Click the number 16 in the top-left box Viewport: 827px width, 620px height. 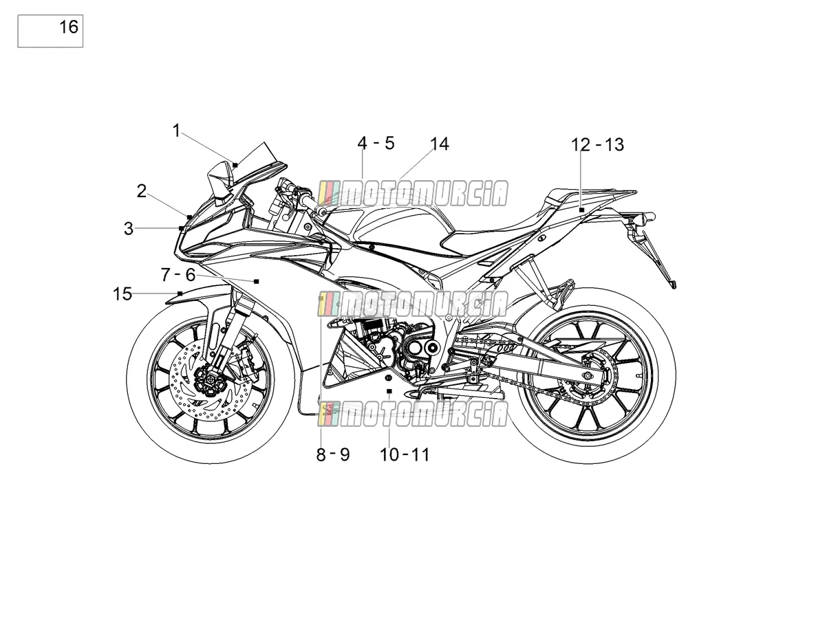coord(69,27)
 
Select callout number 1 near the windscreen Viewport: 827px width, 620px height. coord(176,131)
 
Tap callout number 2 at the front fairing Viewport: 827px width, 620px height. coord(142,191)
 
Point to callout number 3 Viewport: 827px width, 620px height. coord(129,228)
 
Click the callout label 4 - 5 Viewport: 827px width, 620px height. coord(376,144)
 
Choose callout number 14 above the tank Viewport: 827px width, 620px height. coord(440,144)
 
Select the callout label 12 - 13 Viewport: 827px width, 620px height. coord(598,145)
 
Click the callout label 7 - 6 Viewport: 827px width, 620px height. coord(178,275)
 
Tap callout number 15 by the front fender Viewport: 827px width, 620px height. coord(122,294)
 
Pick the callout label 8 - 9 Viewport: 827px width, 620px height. coord(333,455)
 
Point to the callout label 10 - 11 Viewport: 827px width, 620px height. coord(405,455)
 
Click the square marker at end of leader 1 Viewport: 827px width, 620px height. coord(235,165)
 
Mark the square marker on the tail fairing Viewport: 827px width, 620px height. coord(582,210)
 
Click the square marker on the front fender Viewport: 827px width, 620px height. coord(180,294)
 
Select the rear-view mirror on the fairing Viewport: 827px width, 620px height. coord(220,184)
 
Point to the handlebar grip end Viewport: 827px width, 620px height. coord(321,211)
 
